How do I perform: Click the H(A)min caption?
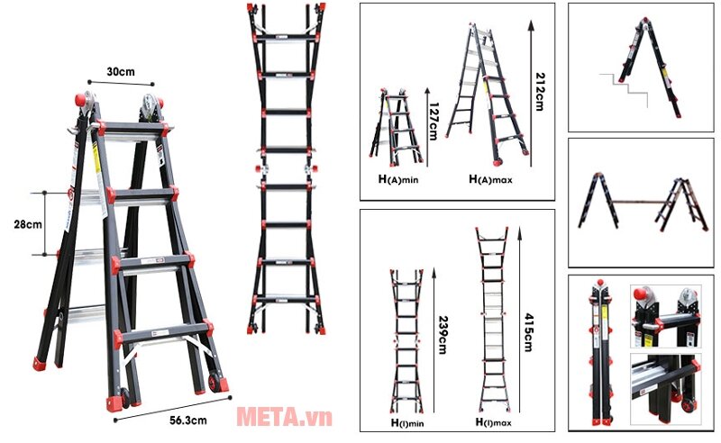pyautogui.click(x=398, y=180)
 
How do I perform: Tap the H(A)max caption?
pyautogui.click(x=490, y=180)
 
